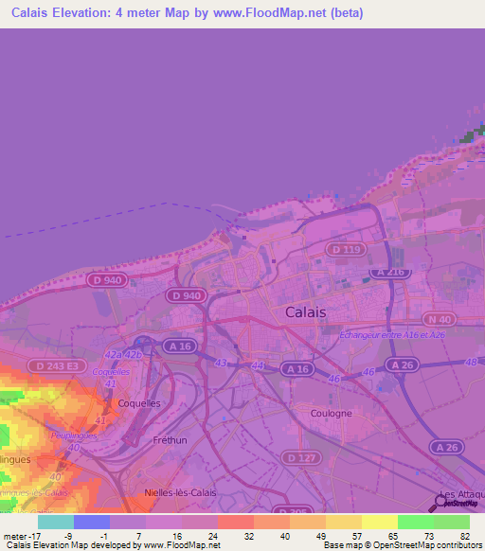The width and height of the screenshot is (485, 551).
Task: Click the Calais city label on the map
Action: point(305,311)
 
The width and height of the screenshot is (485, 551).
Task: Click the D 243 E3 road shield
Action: point(53,365)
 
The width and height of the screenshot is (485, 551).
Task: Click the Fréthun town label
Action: point(171,440)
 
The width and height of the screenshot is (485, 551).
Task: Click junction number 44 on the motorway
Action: point(258,365)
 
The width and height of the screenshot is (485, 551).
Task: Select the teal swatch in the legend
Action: point(56,522)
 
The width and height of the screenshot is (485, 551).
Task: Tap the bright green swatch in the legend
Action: point(415,522)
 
